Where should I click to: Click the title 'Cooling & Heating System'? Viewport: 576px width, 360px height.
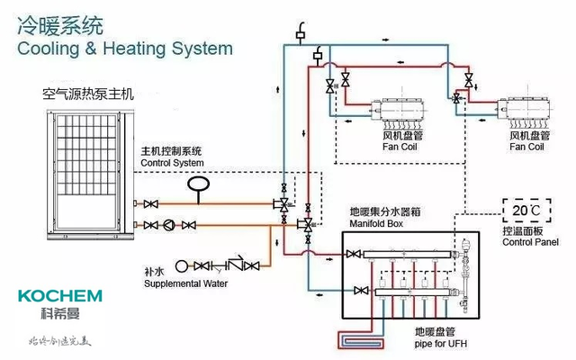[124, 48]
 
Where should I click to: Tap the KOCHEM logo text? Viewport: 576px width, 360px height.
[59, 296]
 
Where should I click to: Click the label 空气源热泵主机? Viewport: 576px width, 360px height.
[87, 94]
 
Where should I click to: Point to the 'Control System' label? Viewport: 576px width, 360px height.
[172, 163]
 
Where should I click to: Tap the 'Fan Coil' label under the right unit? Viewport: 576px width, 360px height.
[527, 147]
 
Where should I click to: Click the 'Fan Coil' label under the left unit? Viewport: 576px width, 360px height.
[402, 147]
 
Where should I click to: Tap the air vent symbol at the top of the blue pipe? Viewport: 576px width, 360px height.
[300, 31]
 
